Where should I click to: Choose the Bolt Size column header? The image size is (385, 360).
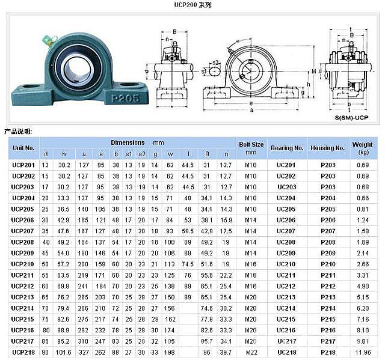tap(251, 148)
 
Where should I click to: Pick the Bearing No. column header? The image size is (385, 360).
tap(286, 148)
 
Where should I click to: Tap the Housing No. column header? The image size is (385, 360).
tap(327, 148)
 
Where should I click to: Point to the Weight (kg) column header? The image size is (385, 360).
tap(363, 148)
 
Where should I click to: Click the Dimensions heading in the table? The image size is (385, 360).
tap(128, 143)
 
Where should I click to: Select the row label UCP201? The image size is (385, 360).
tap(23, 165)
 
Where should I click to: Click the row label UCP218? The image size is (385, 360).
tap(23, 352)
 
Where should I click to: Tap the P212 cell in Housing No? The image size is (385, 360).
tap(327, 286)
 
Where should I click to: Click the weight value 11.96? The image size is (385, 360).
tap(363, 352)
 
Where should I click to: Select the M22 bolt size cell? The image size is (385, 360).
tap(251, 352)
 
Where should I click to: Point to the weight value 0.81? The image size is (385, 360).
tap(363, 209)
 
